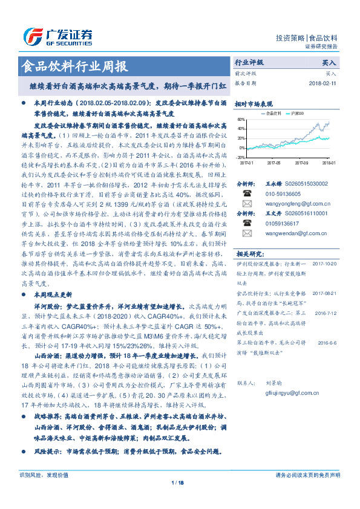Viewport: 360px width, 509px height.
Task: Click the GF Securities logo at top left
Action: pyautogui.click(x=58, y=35)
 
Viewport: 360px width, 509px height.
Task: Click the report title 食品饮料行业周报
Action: pyautogui.click(x=74, y=66)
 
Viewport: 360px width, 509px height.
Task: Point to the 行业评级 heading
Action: pyautogui.click(x=249, y=62)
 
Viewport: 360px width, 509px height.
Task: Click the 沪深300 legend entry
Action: pyautogui.click(x=296, y=113)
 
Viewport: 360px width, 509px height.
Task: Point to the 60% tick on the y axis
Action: pyautogui.click(x=241, y=120)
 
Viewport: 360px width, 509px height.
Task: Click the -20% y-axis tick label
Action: pyautogui.click(x=241, y=157)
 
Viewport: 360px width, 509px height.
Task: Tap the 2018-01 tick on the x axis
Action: pyautogui.click(x=329, y=162)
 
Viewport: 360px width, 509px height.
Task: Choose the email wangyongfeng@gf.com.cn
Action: pyautogui.click(x=297, y=205)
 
